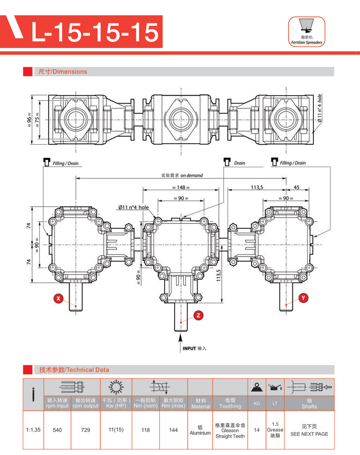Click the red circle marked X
click(58, 298)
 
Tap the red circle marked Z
click(199, 315)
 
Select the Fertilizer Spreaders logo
click(306, 32)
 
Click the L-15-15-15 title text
click(95, 32)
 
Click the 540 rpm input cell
click(58, 430)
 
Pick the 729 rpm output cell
click(85, 430)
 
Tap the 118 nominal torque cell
click(145, 430)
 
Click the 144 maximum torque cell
click(174, 430)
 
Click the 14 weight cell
click(256, 430)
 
